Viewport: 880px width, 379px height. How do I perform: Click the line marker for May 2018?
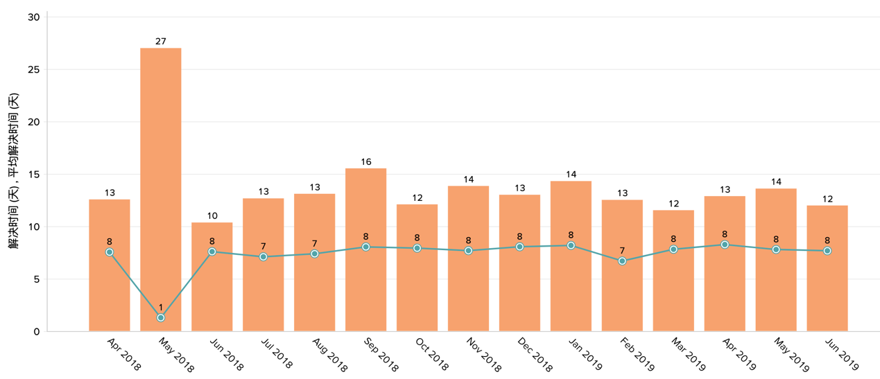(161, 318)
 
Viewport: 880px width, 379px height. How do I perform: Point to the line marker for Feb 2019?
(622, 261)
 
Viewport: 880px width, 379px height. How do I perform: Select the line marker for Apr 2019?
(725, 245)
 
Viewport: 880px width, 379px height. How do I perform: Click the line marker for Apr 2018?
(110, 252)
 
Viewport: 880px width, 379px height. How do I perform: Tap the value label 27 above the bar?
(161, 42)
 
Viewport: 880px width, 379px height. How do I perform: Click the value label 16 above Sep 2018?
(366, 162)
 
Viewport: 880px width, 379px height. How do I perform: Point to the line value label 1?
(161, 308)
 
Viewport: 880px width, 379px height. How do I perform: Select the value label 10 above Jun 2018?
(212, 216)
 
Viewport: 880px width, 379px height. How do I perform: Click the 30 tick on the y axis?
(34, 17)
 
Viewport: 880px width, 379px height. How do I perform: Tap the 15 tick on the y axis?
(34, 175)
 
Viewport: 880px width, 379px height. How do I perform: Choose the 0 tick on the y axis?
(37, 332)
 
